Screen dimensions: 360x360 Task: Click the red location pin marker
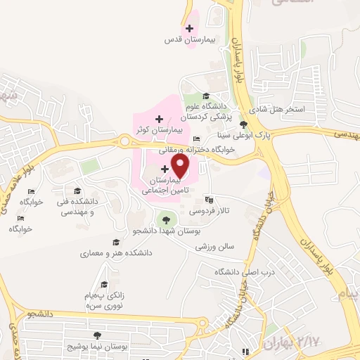point(181,166)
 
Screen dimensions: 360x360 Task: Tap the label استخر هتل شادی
point(300,110)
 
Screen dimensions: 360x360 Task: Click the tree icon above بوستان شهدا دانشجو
point(166,217)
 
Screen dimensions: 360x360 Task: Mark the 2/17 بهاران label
point(288,342)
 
